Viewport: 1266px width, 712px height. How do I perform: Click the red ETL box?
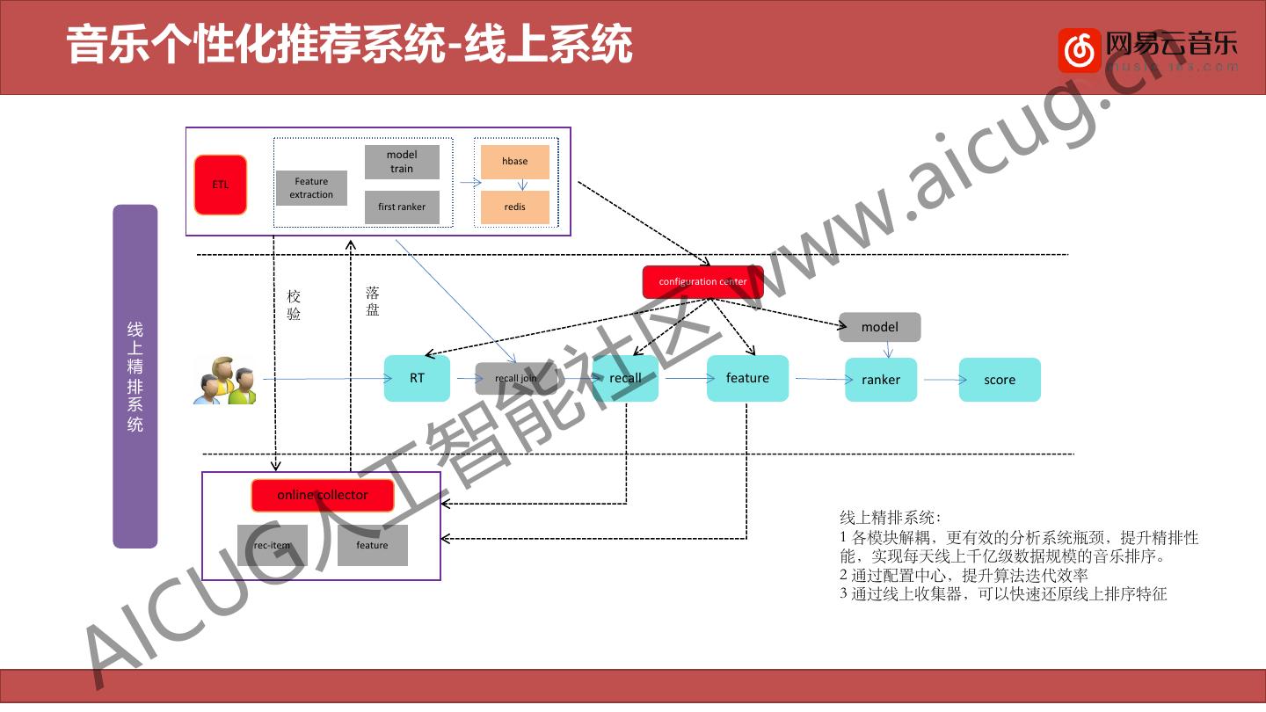click(x=221, y=185)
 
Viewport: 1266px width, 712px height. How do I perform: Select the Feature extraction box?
click(x=311, y=188)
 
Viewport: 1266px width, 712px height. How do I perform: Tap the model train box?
click(x=402, y=162)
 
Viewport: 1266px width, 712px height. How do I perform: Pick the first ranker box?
click(x=402, y=207)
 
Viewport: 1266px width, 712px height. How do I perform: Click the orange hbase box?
click(x=515, y=162)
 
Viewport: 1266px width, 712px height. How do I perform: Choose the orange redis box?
click(x=515, y=207)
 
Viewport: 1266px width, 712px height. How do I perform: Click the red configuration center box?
click(x=702, y=282)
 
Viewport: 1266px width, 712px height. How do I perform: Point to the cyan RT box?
click(x=417, y=379)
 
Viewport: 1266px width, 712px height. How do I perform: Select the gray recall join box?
click(x=516, y=379)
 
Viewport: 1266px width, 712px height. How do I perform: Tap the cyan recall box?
click(x=625, y=379)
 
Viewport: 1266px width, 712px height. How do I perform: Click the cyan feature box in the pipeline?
click(x=747, y=379)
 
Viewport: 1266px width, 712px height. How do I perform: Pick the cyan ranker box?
click(x=881, y=380)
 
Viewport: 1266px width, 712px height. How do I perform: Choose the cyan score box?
click(x=1000, y=380)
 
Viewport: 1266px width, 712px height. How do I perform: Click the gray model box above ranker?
click(x=880, y=327)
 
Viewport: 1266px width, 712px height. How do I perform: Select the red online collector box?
click(x=323, y=496)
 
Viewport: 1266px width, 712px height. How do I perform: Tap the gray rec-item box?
click(x=273, y=546)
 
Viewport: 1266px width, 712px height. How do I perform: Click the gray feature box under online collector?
click(x=372, y=546)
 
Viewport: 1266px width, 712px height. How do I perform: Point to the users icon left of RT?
click(x=225, y=381)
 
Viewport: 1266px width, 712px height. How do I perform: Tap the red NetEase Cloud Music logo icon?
click(x=1079, y=50)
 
